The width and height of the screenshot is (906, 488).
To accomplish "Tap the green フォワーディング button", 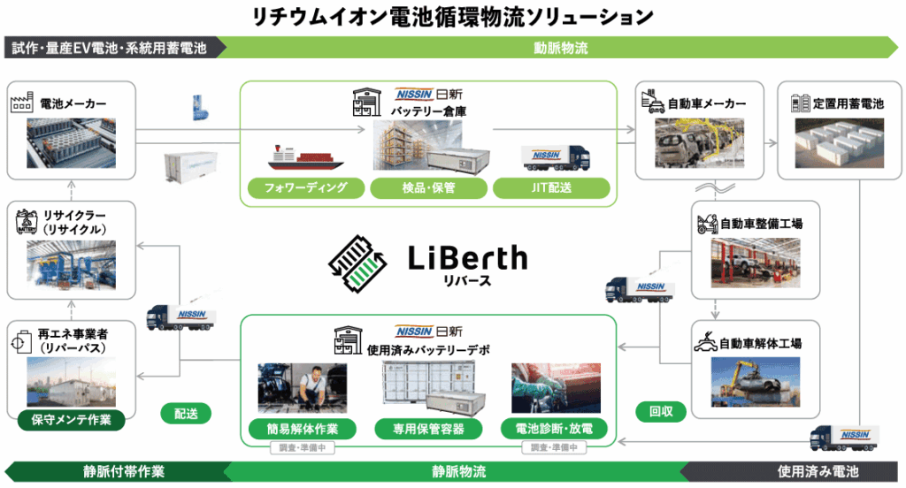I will click(x=305, y=188).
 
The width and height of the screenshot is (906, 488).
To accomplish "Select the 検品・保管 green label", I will click(x=428, y=188).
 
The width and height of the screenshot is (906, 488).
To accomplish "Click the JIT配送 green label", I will click(x=551, y=188).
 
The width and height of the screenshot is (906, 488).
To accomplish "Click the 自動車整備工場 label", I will click(x=761, y=224).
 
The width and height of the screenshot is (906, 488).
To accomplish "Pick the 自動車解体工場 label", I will click(x=761, y=343).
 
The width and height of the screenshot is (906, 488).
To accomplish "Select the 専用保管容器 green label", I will click(x=428, y=430).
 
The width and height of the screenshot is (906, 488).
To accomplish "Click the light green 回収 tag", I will click(x=655, y=411).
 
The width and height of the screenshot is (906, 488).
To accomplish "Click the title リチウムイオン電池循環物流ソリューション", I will click(x=452, y=15).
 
